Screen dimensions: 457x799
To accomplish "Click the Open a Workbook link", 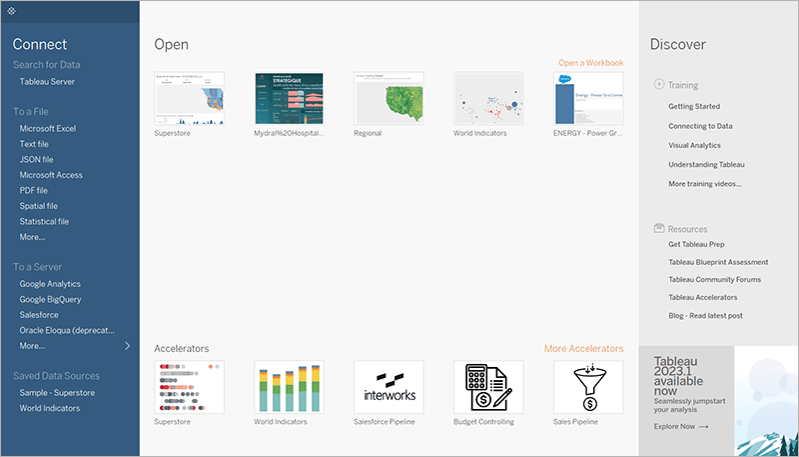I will [x=590, y=63].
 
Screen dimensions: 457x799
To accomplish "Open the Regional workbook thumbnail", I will [x=389, y=98].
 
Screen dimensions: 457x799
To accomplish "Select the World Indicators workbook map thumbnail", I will [x=488, y=98].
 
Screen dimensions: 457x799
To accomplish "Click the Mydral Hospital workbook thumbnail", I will [x=289, y=98].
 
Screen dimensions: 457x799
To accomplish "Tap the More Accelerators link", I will [x=583, y=349].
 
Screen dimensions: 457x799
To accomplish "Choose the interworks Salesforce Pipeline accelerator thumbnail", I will [x=389, y=386].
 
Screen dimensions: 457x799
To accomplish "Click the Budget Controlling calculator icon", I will [x=488, y=386].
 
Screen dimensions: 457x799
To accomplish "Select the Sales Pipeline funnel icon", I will [x=588, y=386].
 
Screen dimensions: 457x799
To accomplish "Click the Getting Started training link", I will [x=694, y=106].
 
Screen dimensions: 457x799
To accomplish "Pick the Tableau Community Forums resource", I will [x=715, y=280].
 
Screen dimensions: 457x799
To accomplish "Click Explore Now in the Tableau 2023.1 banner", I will [x=681, y=426].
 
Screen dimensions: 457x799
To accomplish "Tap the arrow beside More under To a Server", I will [x=127, y=346].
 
